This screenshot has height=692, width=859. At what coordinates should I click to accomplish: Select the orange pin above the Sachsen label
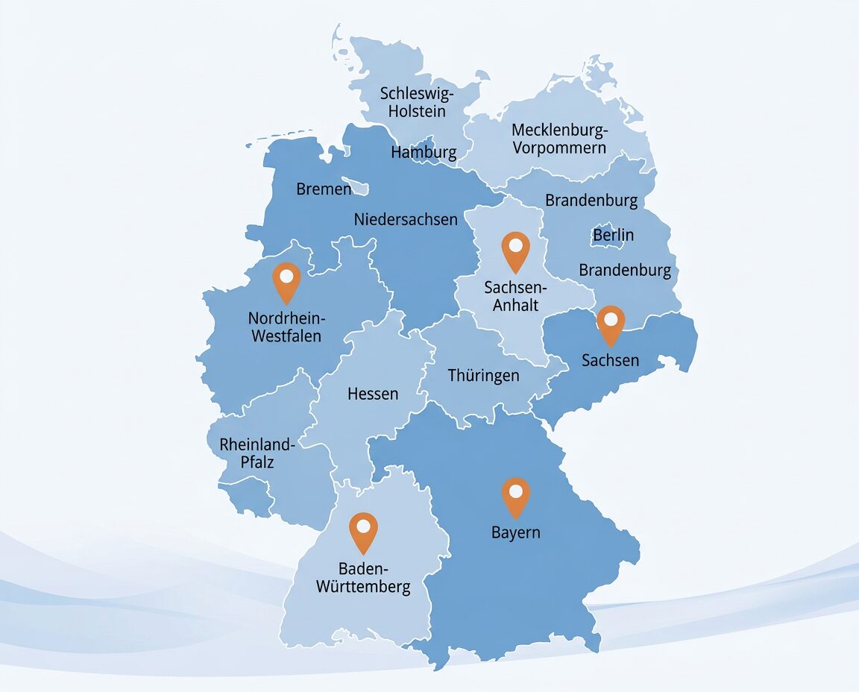611,323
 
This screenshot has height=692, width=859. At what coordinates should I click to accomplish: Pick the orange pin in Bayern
515,495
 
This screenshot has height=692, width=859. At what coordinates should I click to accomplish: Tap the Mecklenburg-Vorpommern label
559,139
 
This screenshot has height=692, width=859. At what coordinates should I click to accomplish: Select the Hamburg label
424,153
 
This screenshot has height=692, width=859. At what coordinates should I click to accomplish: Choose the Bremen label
324,189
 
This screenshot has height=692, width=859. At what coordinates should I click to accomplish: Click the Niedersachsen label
406,219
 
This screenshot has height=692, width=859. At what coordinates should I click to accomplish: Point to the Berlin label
613,235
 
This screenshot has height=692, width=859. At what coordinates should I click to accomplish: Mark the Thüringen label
483,375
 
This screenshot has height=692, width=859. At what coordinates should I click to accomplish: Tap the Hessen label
373,394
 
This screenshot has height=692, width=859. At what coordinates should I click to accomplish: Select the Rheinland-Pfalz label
257,453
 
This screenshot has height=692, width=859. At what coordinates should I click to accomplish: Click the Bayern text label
515,532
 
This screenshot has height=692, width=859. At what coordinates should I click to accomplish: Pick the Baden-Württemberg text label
363,577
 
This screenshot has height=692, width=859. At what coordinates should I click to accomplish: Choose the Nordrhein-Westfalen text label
286,327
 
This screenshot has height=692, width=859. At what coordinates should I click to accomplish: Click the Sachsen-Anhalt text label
515,296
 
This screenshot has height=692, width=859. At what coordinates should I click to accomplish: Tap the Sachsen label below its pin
610,360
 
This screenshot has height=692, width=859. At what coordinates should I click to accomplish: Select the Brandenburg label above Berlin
591,201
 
